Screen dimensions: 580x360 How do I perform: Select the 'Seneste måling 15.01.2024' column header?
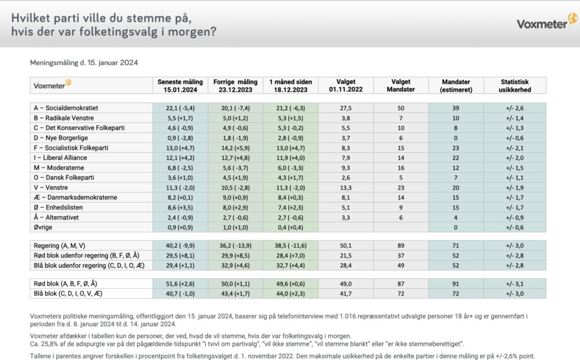tap(180, 85)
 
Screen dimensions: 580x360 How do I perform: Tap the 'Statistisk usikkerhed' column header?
tap(514, 85)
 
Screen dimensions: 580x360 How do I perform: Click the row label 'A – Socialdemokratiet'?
tap(66, 108)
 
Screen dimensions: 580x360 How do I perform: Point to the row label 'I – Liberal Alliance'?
tap(60, 158)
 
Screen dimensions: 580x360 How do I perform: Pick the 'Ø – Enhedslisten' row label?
tap(58, 208)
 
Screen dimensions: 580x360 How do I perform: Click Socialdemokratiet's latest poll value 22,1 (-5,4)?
tap(180, 108)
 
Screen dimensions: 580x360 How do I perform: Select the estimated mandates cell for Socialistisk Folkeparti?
tap(456, 148)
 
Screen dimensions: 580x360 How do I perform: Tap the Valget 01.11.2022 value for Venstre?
tap(346, 188)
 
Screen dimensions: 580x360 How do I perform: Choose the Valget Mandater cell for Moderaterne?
tap(401, 168)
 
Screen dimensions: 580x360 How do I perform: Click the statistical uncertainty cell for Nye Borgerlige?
tap(514, 138)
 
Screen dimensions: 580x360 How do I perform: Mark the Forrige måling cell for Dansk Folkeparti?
tap(236, 178)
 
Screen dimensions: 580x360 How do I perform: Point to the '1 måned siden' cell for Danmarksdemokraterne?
tap(291, 198)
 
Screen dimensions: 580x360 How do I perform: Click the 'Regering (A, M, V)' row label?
tap(59, 246)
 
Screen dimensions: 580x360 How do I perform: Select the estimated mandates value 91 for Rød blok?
tap(456, 284)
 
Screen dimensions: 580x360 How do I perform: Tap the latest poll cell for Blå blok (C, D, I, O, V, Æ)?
tap(180, 294)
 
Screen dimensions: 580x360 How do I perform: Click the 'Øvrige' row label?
tap(43, 228)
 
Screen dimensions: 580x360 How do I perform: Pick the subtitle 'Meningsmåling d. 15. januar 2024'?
tap(84, 63)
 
